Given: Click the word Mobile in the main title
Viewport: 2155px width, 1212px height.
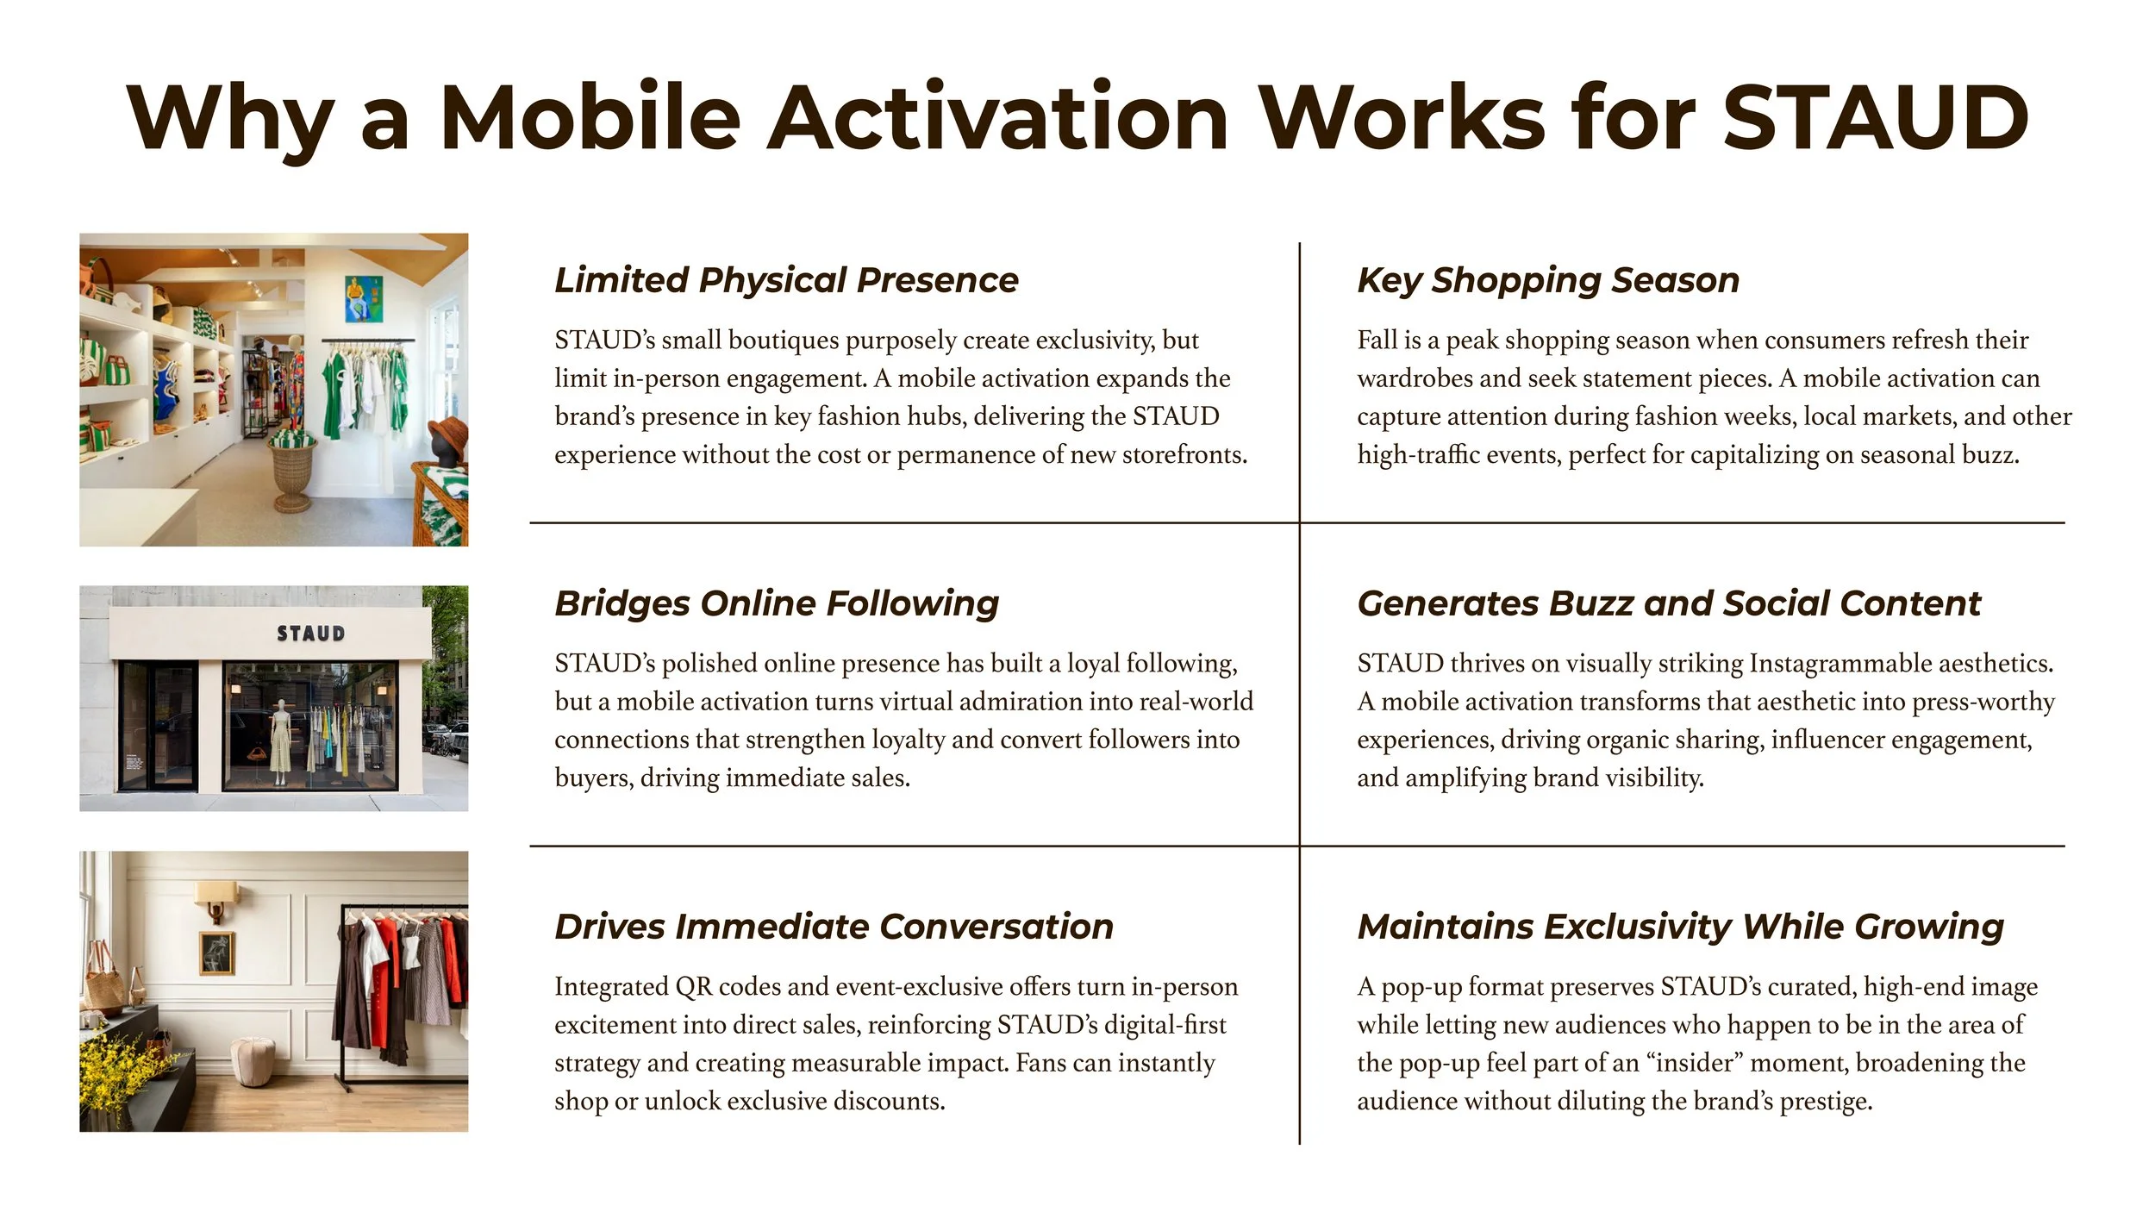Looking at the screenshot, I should tap(590, 118).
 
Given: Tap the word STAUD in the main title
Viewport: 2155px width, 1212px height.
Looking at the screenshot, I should tap(1874, 118).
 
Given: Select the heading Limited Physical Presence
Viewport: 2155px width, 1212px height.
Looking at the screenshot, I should tap(786, 280).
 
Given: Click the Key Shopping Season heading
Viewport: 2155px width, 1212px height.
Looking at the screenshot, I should tap(1548, 280).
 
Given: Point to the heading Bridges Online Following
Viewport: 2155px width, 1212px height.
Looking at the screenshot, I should tap(777, 603).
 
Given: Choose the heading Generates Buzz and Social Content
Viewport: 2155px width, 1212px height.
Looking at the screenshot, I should tap(1669, 603).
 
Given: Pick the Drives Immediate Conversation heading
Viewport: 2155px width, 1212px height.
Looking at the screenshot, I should tap(834, 927).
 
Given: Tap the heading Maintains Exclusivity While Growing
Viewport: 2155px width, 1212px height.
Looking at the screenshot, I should tap(1680, 927).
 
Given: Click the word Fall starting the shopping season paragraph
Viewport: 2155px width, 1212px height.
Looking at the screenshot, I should tap(1377, 340).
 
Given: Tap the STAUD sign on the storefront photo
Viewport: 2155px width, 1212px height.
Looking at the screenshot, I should tap(310, 634).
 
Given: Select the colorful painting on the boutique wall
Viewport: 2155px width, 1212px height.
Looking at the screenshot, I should tap(363, 297).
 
